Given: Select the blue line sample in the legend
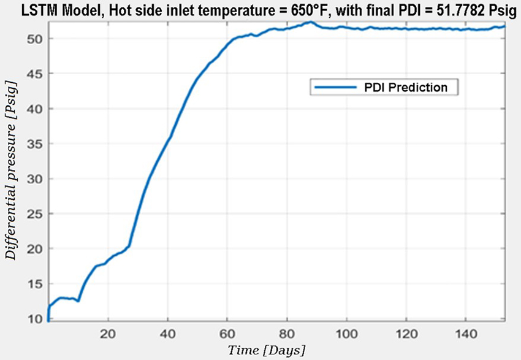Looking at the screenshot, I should [335, 88].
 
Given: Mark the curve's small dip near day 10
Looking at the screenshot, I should [78, 301].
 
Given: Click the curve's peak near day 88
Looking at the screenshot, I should [311, 22].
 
